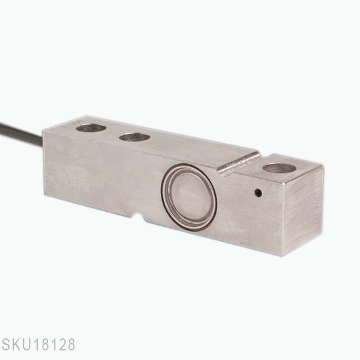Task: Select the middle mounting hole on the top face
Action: pos(134,137)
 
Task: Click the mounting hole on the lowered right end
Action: pos(279,168)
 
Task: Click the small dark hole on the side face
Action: pos(258,193)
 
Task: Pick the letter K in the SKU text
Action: pos(17,346)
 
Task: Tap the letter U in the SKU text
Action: pos(27,346)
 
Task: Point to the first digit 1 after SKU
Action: pos(36,346)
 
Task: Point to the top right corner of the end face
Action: pos(323,167)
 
